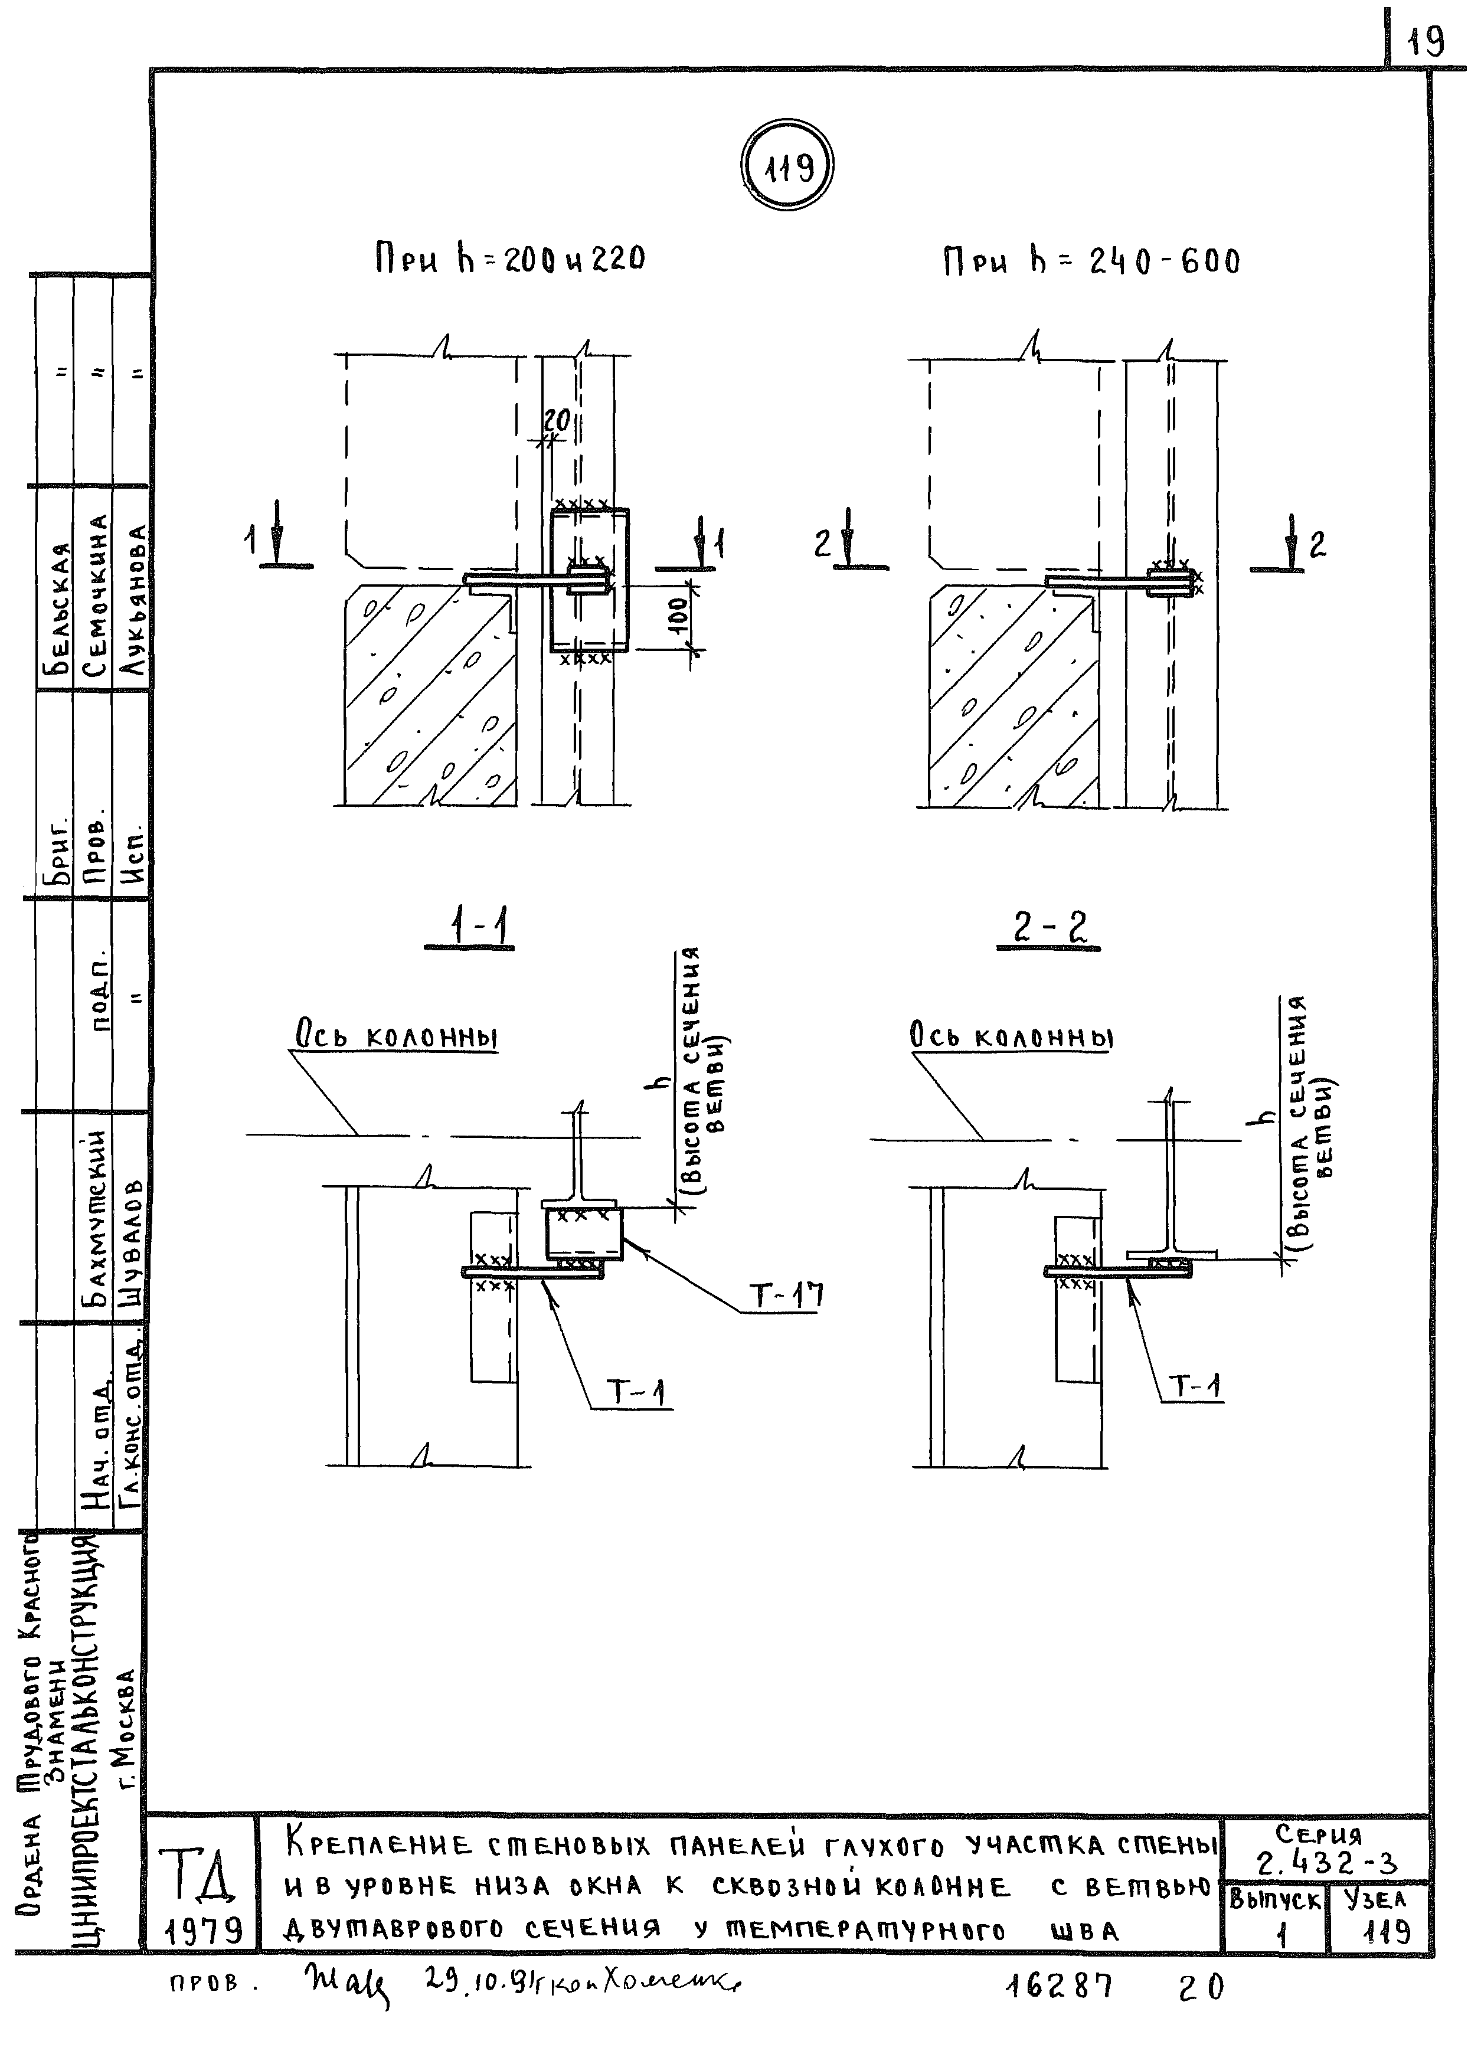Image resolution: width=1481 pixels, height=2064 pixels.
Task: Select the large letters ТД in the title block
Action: [202, 1877]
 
